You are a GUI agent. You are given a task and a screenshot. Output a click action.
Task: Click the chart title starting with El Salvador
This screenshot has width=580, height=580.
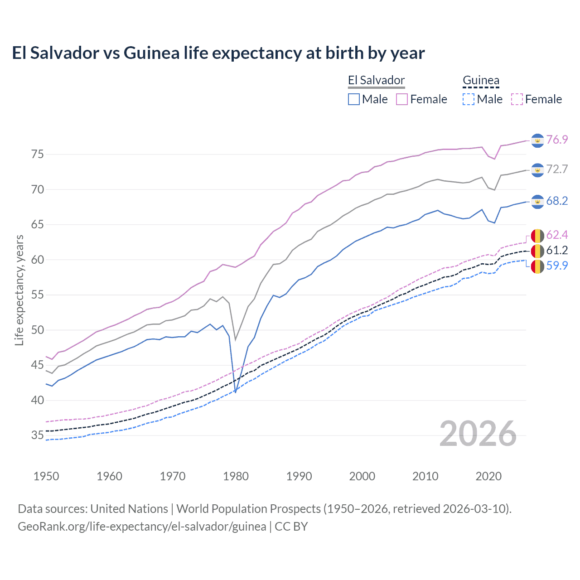coord(218,53)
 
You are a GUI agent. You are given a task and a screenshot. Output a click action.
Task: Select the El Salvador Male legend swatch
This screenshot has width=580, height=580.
coord(354,99)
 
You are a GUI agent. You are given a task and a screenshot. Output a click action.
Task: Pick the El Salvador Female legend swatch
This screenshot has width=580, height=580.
coord(402,99)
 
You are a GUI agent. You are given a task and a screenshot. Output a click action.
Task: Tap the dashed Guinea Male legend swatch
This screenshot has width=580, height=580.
coord(469,99)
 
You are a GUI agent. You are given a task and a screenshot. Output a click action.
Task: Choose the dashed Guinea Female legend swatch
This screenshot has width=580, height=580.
coord(517,99)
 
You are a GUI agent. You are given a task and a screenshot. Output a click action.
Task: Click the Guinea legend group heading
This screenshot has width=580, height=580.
coord(481,81)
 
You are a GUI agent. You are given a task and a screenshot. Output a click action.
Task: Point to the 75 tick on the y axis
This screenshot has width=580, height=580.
coord(38,155)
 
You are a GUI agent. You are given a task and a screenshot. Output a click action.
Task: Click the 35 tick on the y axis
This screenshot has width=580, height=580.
coord(38,435)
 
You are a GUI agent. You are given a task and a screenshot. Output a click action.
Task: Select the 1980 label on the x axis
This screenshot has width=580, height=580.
coord(236,476)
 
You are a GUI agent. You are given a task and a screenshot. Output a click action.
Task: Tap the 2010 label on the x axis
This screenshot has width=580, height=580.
coord(425,476)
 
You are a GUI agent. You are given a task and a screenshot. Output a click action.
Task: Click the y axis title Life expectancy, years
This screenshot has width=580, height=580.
coord(19,290)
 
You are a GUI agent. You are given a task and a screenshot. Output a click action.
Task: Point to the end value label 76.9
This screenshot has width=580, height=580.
coord(557,140)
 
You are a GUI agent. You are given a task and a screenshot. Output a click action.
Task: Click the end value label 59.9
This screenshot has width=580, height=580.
coord(557,266)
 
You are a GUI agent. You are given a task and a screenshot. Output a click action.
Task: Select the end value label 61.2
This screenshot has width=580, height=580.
coord(557,250)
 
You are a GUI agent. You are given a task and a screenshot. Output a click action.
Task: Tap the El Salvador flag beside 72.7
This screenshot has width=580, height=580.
coord(537,170)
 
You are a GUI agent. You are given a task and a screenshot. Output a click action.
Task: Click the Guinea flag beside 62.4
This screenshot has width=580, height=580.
coord(537,236)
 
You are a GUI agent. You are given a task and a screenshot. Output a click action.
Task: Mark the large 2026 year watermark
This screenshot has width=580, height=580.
coord(478,434)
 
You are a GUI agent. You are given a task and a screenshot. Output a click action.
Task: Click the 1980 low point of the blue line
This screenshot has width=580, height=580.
coord(235,392)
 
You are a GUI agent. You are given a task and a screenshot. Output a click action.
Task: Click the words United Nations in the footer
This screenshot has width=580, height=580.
coord(129,509)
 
